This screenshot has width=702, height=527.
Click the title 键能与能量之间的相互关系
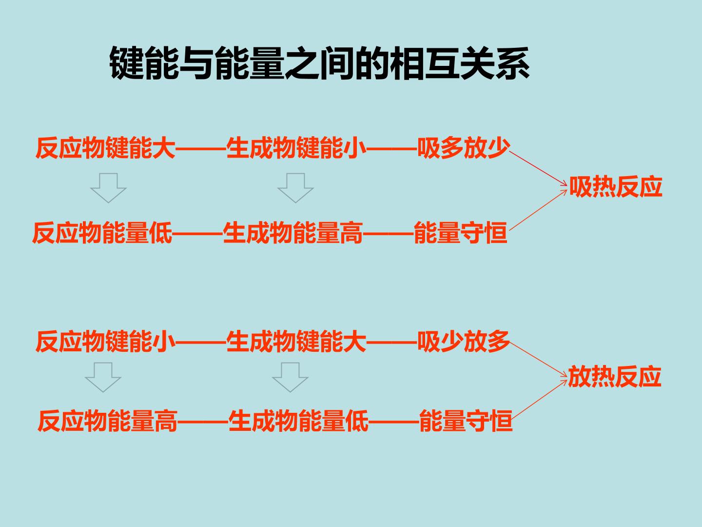[x=319, y=63]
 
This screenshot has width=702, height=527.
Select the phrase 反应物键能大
[x=105, y=148]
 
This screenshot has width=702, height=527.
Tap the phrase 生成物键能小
[x=296, y=148]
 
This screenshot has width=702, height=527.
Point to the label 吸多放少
[x=464, y=148]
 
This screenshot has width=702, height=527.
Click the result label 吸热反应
[x=616, y=186]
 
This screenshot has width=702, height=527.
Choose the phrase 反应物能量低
[x=102, y=233]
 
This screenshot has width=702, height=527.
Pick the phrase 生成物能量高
[x=293, y=233]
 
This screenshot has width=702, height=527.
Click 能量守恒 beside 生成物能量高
[x=461, y=233]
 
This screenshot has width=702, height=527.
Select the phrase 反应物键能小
[x=105, y=342]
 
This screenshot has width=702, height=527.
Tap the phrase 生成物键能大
[x=296, y=342]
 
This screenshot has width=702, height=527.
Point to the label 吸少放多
[x=464, y=342]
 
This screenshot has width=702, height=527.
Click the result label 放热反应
[x=615, y=377]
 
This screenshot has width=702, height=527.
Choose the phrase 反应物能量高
[x=107, y=421]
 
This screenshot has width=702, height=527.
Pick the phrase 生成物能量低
[x=298, y=421]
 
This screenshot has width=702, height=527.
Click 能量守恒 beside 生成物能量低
[x=466, y=421]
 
